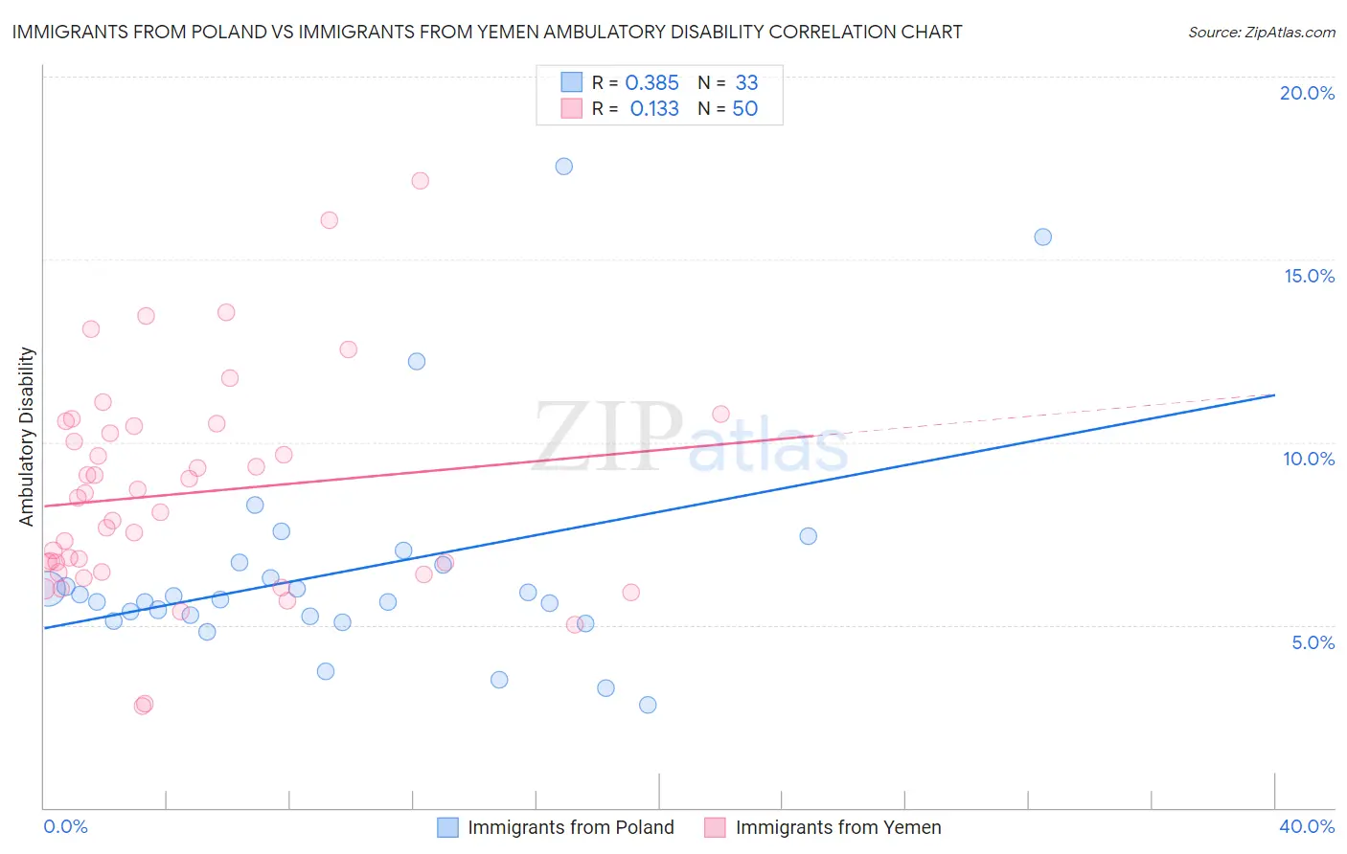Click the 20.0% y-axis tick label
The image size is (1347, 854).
coord(1307,93)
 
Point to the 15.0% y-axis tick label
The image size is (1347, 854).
coord(1309,276)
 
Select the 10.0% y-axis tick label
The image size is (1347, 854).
coord(1309,459)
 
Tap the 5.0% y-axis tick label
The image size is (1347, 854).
coord(1313,642)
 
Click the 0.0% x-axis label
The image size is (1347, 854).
coord(66,826)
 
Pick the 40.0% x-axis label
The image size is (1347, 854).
coord(1307,826)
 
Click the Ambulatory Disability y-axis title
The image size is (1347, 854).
coord(27,437)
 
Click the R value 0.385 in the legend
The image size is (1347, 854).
coord(651,83)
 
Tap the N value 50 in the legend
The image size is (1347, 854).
coord(744,109)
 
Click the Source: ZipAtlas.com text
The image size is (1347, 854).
coord(1261,33)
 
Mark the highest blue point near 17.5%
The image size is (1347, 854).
coord(564,167)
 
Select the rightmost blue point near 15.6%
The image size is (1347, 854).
coord(1043,237)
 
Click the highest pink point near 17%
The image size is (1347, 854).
coord(420,181)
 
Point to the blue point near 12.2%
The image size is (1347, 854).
coord(417,362)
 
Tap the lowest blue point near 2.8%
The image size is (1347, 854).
coord(648,705)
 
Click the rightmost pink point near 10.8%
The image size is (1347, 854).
coord(721,415)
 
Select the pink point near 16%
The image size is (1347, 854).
coord(330,220)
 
